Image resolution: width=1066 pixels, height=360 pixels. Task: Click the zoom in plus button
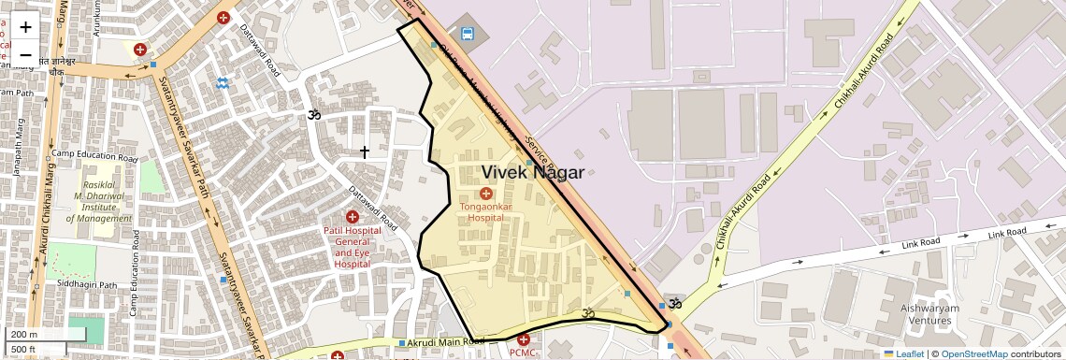click(x=25, y=27)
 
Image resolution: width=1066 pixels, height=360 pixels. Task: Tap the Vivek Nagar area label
click(x=532, y=172)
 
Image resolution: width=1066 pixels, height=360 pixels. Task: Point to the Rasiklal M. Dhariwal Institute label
click(x=99, y=194)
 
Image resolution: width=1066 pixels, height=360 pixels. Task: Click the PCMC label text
click(x=523, y=353)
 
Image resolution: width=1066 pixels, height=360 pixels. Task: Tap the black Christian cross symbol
click(x=365, y=151)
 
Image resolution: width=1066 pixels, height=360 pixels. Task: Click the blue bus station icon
click(x=468, y=36)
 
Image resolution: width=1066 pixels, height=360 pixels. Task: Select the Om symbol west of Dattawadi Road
click(x=314, y=115)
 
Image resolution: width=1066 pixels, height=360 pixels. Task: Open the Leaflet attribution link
click(x=903, y=353)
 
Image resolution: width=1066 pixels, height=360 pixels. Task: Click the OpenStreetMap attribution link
click(x=973, y=353)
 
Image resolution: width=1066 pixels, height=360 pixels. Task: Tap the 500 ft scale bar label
click(x=24, y=349)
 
